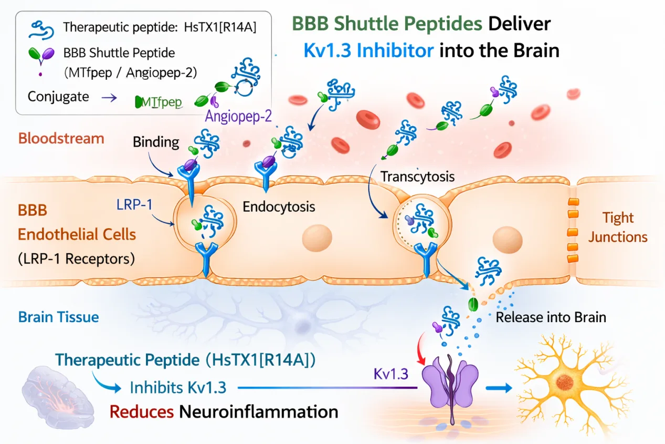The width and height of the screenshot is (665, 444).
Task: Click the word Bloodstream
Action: click(61, 139)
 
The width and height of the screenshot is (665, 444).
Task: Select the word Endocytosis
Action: click(279, 206)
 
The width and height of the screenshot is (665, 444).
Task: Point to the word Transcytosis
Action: click(417, 176)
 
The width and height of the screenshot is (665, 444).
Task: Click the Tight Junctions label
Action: click(618, 227)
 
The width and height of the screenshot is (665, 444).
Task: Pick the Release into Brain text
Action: click(551, 317)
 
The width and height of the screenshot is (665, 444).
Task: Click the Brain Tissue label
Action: click(58, 317)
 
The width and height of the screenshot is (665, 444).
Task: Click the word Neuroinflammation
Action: click(259, 411)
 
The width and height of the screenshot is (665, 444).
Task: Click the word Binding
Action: click(156, 142)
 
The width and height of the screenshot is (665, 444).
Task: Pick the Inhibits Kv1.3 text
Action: click(178, 388)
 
